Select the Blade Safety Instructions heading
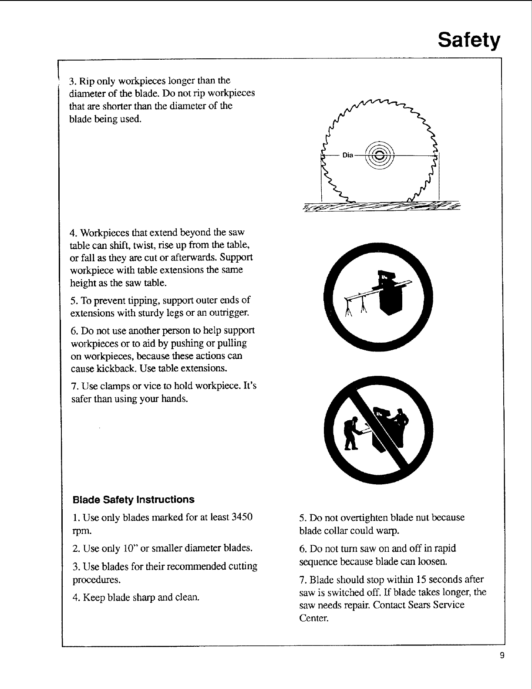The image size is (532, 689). click(x=133, y=499)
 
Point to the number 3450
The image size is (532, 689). click(x=242, y=518)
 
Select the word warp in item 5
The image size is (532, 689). click(x=390, y=531)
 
